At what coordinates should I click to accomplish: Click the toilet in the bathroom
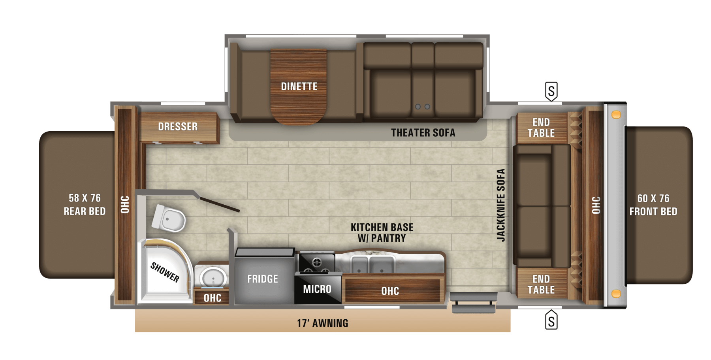pos(169,218)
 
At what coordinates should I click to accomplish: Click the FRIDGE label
pos(263,279)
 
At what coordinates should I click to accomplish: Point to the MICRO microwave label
pos(317,289)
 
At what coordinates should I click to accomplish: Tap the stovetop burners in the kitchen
pos(317,262)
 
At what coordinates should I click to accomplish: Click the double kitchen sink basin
pos(372,264)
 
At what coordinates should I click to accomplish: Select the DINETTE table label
pos(299,87)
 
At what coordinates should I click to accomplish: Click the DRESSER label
pos(178,126)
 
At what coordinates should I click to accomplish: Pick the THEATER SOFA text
pos(423,133)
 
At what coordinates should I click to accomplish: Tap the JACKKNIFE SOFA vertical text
pos(501,205)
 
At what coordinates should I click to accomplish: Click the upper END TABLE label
pos(541,128)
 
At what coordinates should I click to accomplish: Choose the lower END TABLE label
pos(541,285)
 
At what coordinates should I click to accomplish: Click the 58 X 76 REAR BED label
pos(85,205)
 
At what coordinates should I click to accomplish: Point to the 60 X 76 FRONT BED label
pos(653,205)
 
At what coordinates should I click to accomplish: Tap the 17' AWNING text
pos(323,323)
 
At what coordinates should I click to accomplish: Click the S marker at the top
pos(551,91)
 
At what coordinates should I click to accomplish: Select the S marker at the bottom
pos(551,320)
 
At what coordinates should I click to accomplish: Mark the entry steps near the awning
pos(473,302)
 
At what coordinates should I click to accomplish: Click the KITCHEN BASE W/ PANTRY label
pos(382,233)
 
